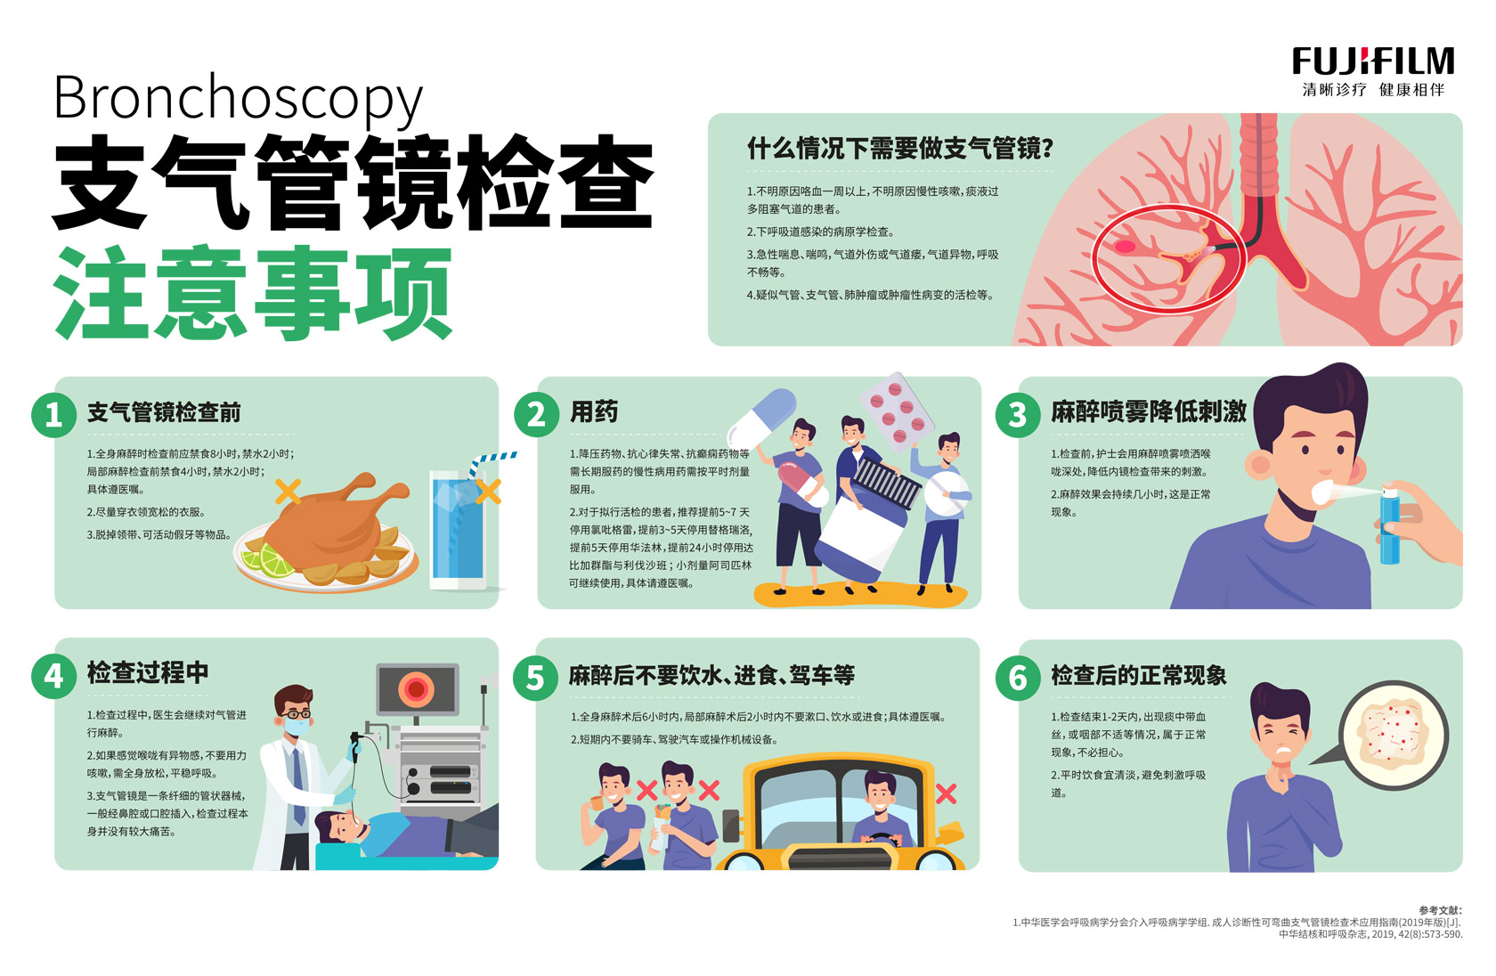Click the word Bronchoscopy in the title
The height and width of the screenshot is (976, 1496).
pyautogui.click(x=238, y=98)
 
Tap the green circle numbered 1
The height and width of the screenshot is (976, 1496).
pyautogui.click(x=53, y=415)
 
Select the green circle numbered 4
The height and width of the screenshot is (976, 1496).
pyautogui.click(x=53, y=676)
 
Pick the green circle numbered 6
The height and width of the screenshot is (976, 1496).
pyautogui.click(x=1017, y=679)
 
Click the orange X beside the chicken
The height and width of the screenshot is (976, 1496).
pyautogui.click(x=288, y=491)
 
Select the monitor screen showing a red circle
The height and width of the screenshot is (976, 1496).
pyautogui.click(x=418, y=689)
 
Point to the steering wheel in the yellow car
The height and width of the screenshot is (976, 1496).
pyautogui.click(x=880, y=840)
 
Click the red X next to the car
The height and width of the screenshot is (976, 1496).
pyautogui.click(x=946, y=793)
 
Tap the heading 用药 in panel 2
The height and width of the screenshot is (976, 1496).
pyautogui.click(x=594, y=411)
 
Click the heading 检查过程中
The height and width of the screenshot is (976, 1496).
pyautogui.click(x=148, y=672)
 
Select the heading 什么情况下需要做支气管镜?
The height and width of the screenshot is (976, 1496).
pyautogui.click(x=899, y=149)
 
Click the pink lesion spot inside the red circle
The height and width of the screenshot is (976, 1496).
pyautogui.click(x=1126, y=248)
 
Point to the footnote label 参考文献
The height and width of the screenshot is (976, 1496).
pyautogui.click(x=1441, y=910)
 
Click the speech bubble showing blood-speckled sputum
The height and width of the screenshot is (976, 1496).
pyautogui.click(x=1393, y=735)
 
